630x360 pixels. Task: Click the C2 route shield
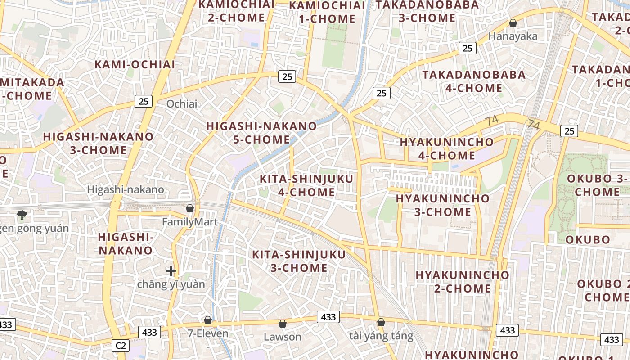point(121,346)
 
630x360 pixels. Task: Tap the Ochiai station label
point(182,104)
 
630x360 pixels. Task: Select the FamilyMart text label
point(190,222)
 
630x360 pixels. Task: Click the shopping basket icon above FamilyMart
point(190,208)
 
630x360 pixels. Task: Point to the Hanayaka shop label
point(513,36)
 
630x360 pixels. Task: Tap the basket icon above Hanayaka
point(513,23)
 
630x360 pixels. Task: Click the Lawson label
point(283,337)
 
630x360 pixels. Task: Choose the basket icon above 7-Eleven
point(208,320)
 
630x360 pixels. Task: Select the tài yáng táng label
point(381,336)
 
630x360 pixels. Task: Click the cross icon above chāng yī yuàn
point(171,271)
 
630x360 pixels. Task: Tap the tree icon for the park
point(22,215)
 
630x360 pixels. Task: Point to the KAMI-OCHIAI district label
point(135,64)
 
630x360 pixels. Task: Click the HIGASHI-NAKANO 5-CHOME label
point(261,133)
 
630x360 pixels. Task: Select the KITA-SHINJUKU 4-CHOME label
point(306,185)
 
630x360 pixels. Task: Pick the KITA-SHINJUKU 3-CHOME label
point(299,261)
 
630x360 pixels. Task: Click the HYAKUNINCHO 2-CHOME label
point(462,281)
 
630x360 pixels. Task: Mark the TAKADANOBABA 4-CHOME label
point(474,81)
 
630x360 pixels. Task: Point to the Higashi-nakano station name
point(126,189)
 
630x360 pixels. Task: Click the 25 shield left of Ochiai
point(144,101)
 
